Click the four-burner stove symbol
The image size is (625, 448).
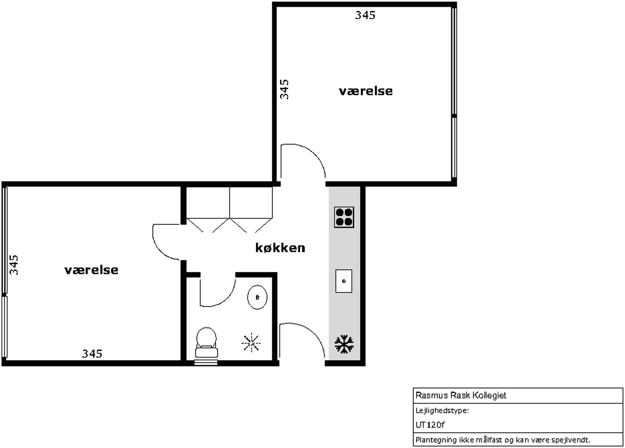coord(344,217)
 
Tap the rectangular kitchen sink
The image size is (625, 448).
coord(344,281)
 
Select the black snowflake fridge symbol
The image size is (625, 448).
coord(344,344)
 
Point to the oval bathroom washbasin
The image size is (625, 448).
coord(257,297)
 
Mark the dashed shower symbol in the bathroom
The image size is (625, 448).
coord(251,343)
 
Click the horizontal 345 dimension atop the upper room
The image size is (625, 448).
coord(365,15)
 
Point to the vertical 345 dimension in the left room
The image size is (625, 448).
coord(14,265)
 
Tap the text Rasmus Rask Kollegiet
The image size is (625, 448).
coord(461,395)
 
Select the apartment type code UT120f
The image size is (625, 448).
coord(430,425)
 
